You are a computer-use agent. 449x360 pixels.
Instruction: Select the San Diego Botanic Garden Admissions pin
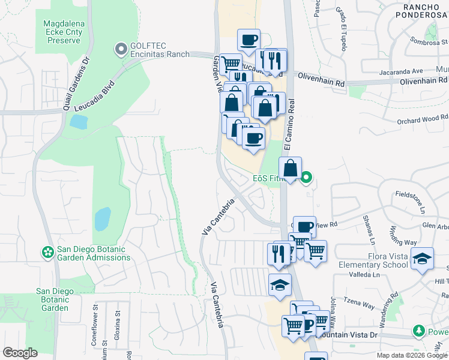coord(47,251)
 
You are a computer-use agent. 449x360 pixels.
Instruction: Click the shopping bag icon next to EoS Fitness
coord(290,169)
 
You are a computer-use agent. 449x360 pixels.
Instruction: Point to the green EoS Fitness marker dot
coord(306,177)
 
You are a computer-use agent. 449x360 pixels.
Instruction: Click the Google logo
coord(20,353)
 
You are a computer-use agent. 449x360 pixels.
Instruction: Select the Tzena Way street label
coord(358,299)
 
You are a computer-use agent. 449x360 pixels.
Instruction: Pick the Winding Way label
coord(403,235)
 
